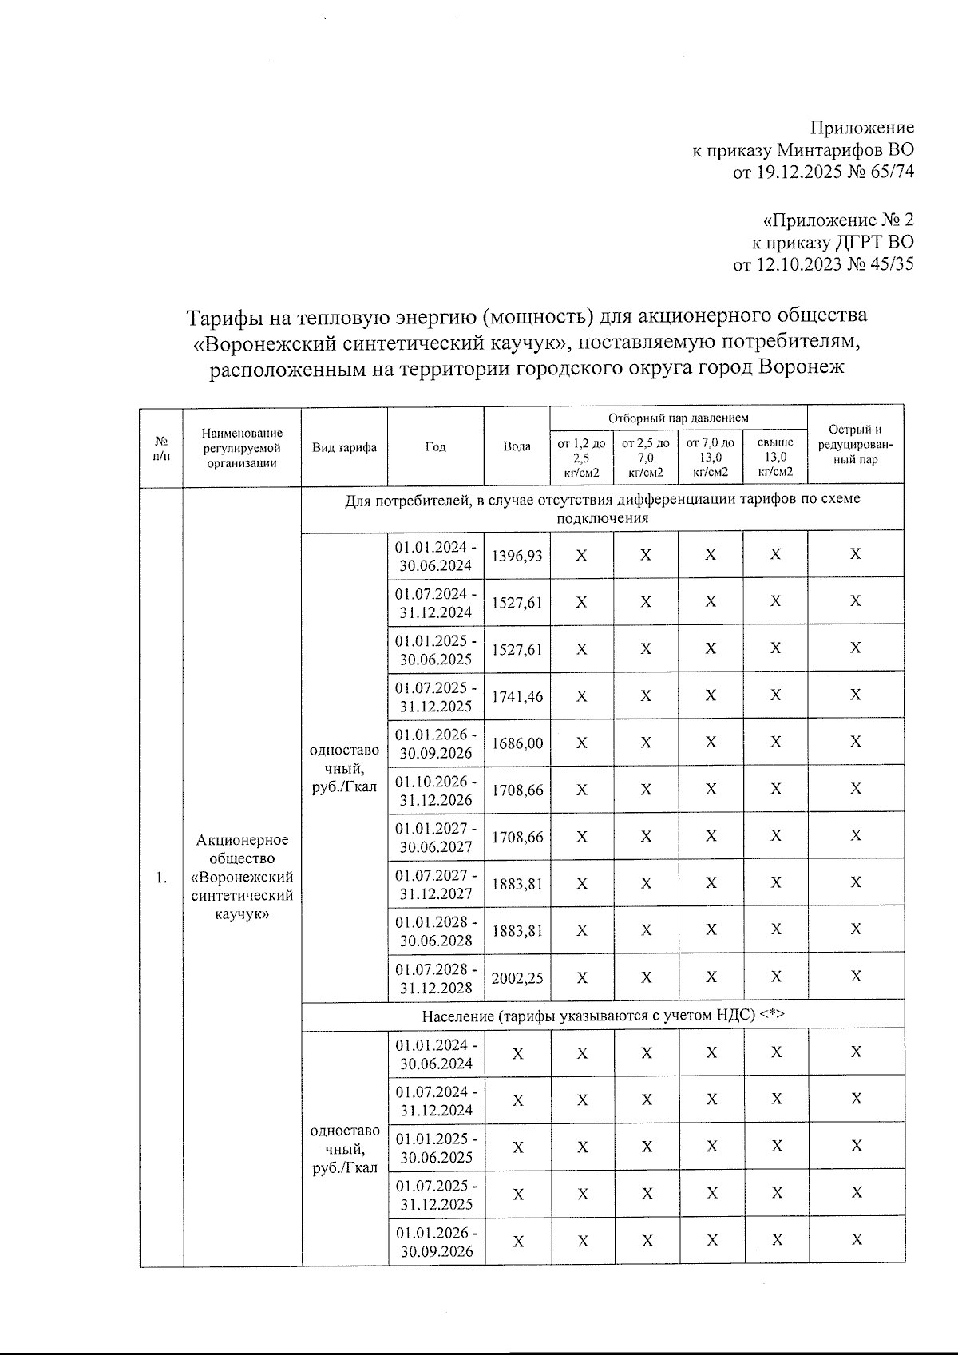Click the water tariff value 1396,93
pos(517,555)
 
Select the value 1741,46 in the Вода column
pos(517,696)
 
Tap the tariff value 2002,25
pos(517,977)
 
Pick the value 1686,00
pos(517,743)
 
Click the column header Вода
pos(517,446)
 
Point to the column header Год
pos(435,446)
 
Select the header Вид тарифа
pos(344,447)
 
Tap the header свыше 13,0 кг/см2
pos(775,457)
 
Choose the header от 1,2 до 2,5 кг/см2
pos(581,457)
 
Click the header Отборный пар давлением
pos(679,418)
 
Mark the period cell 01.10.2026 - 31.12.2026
pos(436,790)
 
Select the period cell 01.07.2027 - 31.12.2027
pos(436,884)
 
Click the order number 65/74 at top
pos(889,172)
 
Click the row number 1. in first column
pos(162,878)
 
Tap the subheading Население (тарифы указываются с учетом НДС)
pos(603,1016)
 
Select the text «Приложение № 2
pos(838,220)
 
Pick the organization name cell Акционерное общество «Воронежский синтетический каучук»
pos(242,877)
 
